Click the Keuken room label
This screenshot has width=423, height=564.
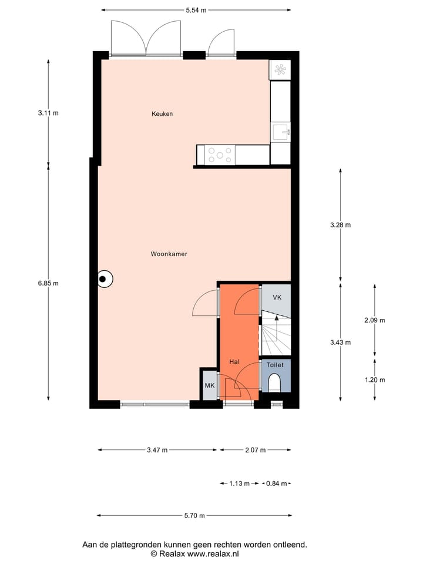(x=162, y=114)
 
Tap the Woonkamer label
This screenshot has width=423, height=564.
(x=169, y=254)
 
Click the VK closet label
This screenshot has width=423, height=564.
(x=277, y=297)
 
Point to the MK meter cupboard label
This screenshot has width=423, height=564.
(x=209, y=386)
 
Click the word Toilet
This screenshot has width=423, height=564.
(x=275, y=365)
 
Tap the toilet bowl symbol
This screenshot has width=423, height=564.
(x=274, y=384)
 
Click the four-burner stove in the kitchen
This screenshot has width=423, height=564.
(x=220, y=155)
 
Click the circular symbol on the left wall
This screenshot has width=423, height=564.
(x=105, y=279)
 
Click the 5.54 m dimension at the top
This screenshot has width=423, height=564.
(x=196, y=10)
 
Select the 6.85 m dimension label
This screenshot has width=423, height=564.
(x=48, y=283)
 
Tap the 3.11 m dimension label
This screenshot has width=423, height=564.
(x=48, y=113)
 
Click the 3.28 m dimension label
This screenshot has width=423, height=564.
(x=340, y=225)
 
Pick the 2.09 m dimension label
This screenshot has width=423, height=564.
(x=375, y=320)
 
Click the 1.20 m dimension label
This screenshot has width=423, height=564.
(x=375, y=380)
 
